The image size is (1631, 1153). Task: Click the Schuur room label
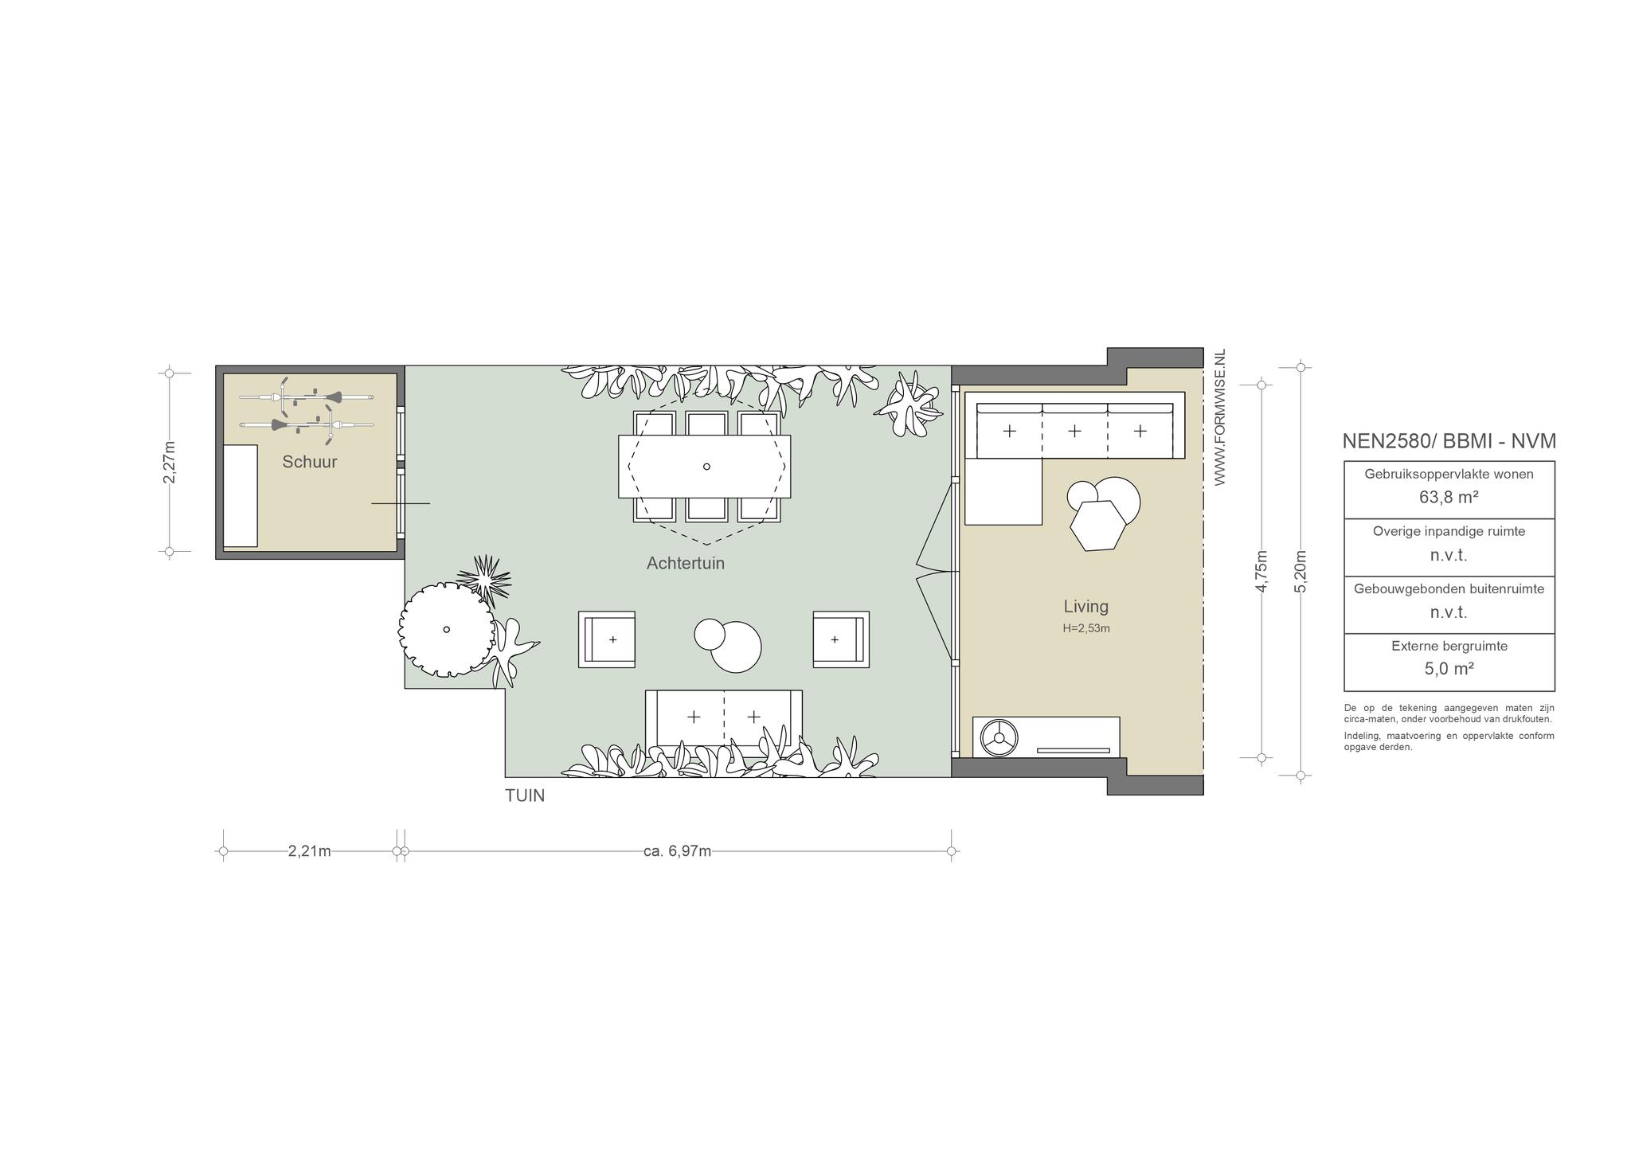click(310, 462)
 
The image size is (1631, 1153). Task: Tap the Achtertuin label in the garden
click(686, 564)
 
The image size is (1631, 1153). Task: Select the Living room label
click(1086, 607)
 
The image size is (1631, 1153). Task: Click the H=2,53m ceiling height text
click(1086, 628)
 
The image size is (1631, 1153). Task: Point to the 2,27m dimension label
click(169, 463)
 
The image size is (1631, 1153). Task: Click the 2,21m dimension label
click(310, 851)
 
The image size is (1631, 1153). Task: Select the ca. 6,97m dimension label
click(678, 851)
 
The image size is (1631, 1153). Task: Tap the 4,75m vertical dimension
click(1261, 571)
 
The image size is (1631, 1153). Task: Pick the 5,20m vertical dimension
click(1300, 571)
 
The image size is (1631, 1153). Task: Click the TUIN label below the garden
click(525, 795)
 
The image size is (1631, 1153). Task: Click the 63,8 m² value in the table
click(1449, 498)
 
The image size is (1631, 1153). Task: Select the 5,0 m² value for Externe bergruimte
click(1449, 669)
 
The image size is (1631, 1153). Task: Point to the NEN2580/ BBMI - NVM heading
click(1449, 441)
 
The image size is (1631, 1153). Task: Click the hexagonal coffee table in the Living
click(1098, 526)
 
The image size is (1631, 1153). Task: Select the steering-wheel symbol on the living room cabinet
click(999, 737)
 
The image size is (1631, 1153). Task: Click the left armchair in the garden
click(607, 639)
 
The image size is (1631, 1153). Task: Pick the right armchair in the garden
click(841, 639)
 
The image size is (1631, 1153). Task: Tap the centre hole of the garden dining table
click(706, 467)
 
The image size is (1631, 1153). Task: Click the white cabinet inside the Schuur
click(241, 496)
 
